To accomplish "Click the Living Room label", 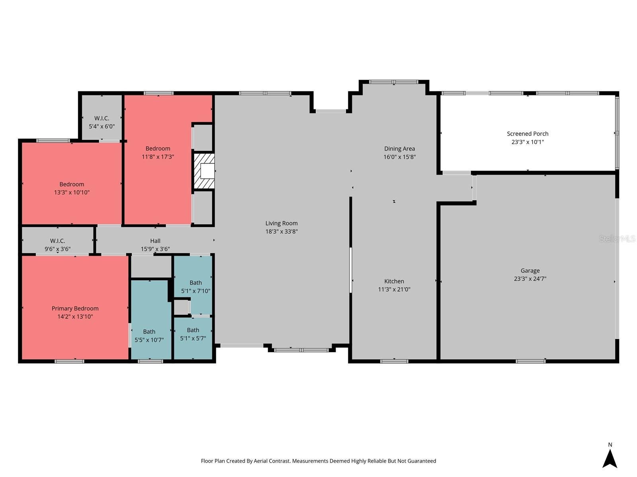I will (x=281, y=223).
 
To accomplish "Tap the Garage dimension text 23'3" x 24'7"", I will (x=530, y=279).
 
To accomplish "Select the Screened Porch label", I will (x=528, y=134).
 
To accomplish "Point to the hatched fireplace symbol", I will (x=204, y=171).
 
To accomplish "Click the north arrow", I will (x=610, y=458).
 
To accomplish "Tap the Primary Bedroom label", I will (x=75, y=308).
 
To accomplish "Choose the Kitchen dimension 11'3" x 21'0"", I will (x=394, y=289).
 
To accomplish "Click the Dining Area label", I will (x=399, y=149).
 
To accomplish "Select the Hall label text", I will (x=155, y=241).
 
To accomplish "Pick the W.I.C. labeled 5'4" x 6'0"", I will (x=102, y=122).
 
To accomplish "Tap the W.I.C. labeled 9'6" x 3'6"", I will (x=58, y=245).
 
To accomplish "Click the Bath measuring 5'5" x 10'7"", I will (x=149, y=336).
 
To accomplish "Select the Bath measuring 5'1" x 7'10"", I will (x=195, y=287).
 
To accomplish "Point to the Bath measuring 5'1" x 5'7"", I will (x=193, y=334).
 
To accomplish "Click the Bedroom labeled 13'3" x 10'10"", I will (x=72, y=188).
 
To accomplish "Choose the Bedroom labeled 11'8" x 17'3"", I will (x=158, y=153).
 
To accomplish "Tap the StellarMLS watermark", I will (x=617, y=239).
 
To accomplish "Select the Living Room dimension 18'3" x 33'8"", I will (x=281, y=231).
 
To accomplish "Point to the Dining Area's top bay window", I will (x=393, y=82).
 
